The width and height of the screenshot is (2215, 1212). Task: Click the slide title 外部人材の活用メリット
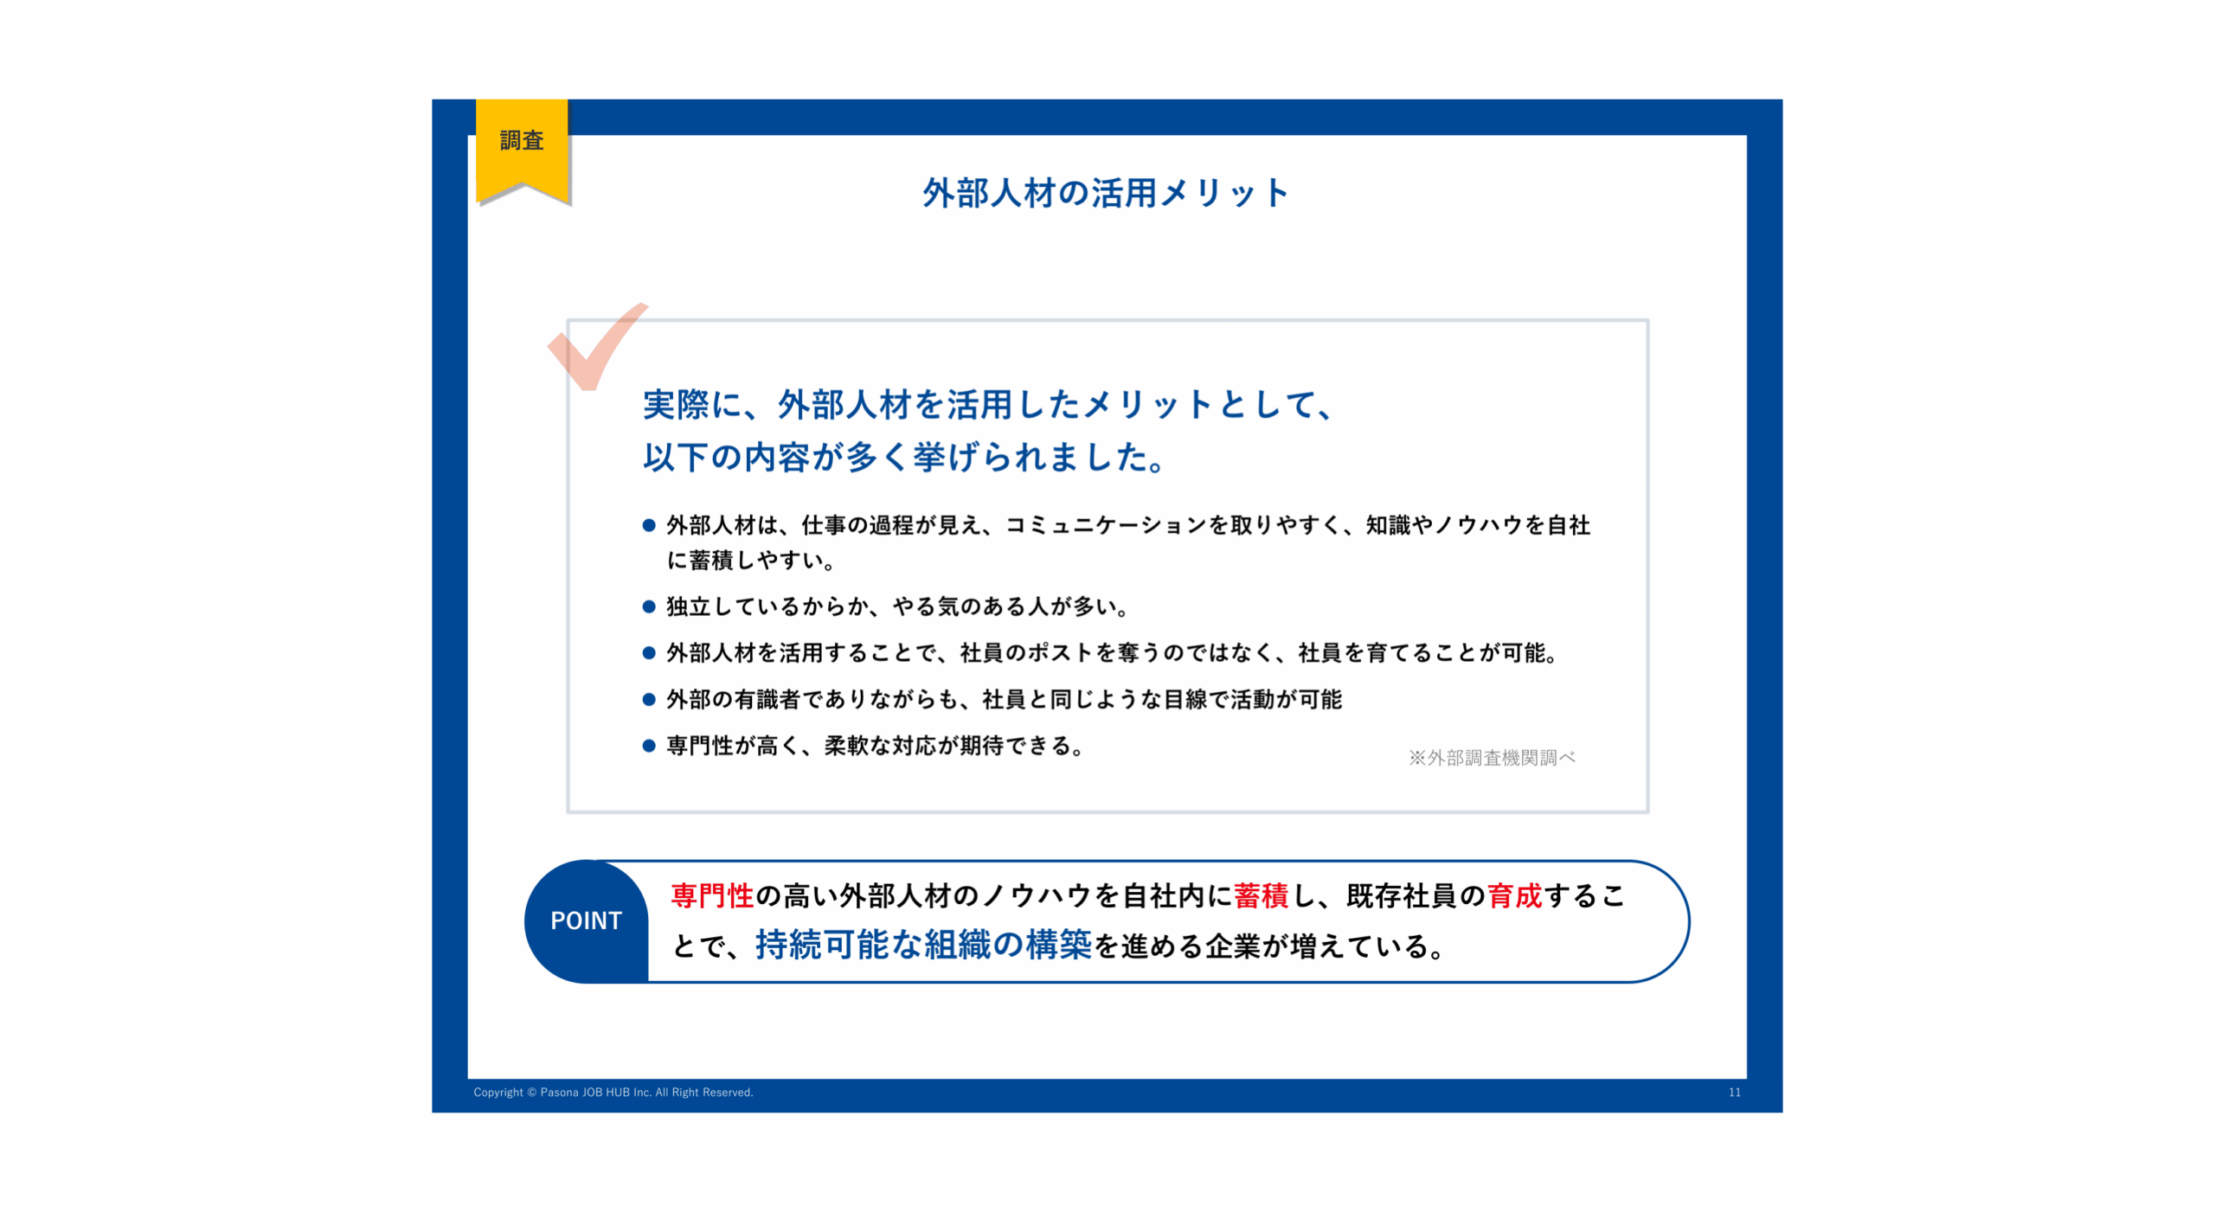(1106, 193)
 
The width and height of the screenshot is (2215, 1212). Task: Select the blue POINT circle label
(587, 920)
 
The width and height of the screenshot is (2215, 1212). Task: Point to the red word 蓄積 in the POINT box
(1262, 895)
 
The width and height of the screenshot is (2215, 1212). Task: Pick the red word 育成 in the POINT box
(1515, 895)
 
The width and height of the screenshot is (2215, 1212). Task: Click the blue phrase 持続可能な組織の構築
(924, 945)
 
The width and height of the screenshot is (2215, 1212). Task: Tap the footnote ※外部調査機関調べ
(1492, 758)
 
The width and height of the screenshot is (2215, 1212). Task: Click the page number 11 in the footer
(1735, 1093)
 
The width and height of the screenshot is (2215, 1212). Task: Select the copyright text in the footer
(613, 1093)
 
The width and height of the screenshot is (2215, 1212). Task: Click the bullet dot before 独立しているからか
(649, 606)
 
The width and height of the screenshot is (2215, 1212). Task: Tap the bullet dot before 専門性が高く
(649, 746)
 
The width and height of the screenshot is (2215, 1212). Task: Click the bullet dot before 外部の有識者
(649, 699)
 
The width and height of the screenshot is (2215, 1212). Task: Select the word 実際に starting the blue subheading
(692, 405)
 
